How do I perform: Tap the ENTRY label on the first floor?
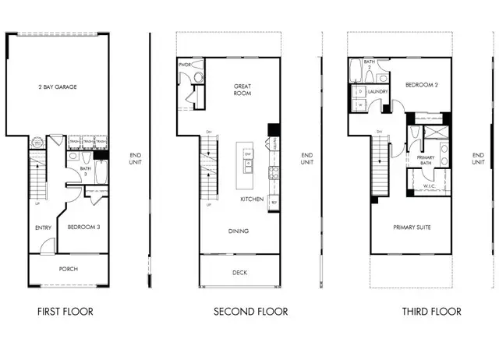click(44, 228)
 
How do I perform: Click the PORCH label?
click(68, 270)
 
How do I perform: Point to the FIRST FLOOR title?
click(65, 312)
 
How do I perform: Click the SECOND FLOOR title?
click(251, 312)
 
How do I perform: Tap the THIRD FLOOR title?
click(432, 312)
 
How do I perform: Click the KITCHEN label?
click(251, 200)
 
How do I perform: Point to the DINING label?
click(239, 231)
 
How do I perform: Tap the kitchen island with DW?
click(248, 159)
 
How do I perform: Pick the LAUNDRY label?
click(379, 91)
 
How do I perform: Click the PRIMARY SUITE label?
click(411, 227)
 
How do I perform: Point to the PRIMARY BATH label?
click(426, 161)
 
